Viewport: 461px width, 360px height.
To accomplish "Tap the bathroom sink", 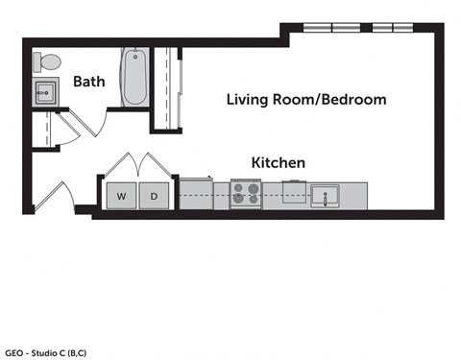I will coord(45,93).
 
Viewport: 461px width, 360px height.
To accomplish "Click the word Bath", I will coord(88,83).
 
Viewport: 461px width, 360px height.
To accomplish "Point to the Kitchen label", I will coord(278,163).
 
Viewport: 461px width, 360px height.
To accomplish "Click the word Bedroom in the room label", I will coord(353,99).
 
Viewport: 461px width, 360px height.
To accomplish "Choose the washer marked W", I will coord(122,196).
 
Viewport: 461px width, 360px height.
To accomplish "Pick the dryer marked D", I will coord(154,196).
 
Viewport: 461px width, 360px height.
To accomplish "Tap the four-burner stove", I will coord(247,195).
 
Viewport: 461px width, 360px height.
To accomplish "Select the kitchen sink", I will coord(325,196).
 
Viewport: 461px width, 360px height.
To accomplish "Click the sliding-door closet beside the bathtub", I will coord(164,86).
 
